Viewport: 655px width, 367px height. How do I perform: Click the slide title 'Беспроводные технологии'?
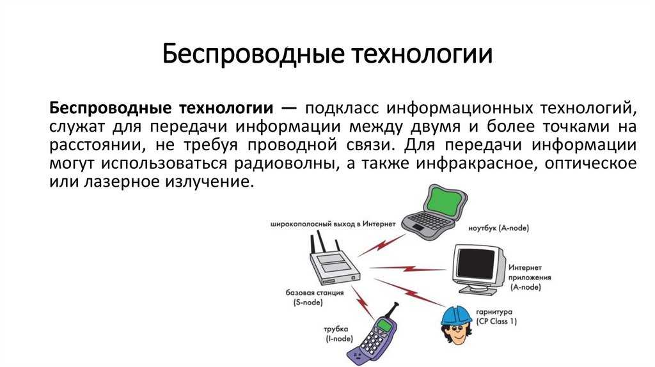[x=327, y=54]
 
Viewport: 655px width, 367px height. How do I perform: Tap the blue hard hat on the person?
[x=456, y=315]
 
